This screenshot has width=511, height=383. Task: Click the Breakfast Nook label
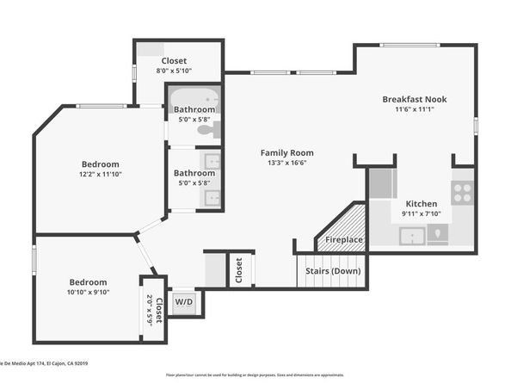click(415, 99)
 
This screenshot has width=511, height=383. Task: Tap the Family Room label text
click(286, 152)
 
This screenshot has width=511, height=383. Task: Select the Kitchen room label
click(421, 203)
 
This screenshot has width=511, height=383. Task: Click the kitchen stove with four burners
click(462, 192)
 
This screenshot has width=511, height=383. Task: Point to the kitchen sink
click(413, 234)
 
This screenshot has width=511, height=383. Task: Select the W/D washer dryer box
click(183, 302)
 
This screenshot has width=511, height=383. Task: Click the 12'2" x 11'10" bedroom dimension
click(101, 175)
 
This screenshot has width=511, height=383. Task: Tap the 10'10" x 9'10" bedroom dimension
click(89, 293)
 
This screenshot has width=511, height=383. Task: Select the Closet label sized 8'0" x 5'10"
click(175, 60)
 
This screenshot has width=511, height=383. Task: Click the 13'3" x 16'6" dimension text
click(286, 163)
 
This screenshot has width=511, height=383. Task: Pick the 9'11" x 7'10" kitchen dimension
click(421, 213)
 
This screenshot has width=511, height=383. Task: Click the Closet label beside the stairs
click(238, 270)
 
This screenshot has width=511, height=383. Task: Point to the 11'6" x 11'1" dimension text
click(415, 109)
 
